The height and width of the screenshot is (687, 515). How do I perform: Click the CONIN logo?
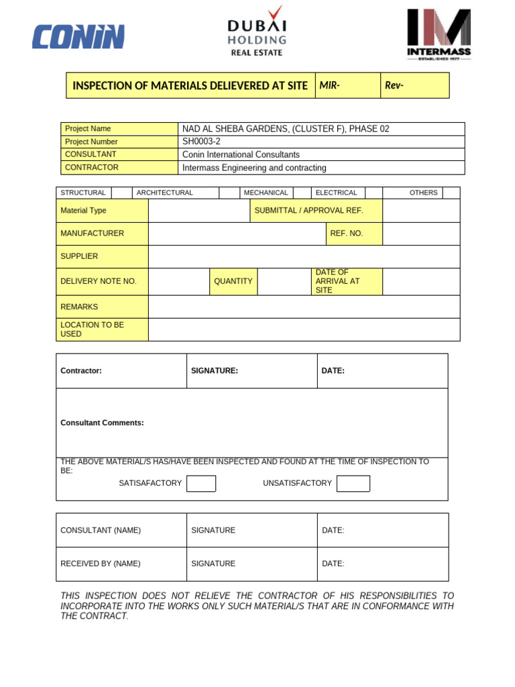pyautogui.click(x=78, y=36)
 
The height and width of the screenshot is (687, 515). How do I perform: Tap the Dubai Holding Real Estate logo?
pyautogui.click(x=257, y=31)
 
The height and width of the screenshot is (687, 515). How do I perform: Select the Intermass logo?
pyautogui.click(x=439, y=34)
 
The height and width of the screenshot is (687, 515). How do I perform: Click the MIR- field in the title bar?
pyautogui.click(x=347, y=86)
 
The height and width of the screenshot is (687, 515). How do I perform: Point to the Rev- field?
pyautogui.click(x=414, y=86)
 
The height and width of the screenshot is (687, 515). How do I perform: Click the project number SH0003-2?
pyautogui.click(x=201, y=142)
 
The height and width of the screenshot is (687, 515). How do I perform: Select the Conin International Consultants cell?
pyautogui.click(x=241, y=154)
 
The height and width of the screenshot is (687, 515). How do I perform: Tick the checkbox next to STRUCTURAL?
pyautogui.click(x=121, y=193)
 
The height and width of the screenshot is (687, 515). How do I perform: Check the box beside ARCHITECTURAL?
pyautogui.click(x=229, y=193)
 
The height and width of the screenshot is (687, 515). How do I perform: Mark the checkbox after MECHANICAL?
pyautogui.click(x=302, y=193)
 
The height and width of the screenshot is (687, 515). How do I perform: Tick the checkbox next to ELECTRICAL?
pyautogui.click(x=374, y=193)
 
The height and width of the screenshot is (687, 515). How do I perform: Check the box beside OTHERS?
pyautogui.click(x=451, y=193)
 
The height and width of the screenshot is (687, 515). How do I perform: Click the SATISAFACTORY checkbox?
pyautogui.click(x=201, y=484)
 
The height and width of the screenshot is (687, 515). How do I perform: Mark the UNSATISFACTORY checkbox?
pyautogui.click(x=353, y=484)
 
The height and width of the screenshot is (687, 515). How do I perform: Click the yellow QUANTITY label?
pyautogui.click(x=233, y=281)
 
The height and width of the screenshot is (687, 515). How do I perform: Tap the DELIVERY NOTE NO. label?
pyautogui.click(x=99, y=281)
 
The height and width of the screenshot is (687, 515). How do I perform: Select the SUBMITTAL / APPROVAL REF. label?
pyautogui.click(x=308, y=211)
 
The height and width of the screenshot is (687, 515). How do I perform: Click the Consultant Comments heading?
pyautogui.click(x=102, y=423)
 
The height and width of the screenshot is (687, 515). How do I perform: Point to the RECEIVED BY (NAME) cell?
pyautogui.click(x=101, y=564)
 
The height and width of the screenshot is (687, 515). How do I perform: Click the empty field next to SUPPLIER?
pyautogui.click(x=304, y=256)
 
